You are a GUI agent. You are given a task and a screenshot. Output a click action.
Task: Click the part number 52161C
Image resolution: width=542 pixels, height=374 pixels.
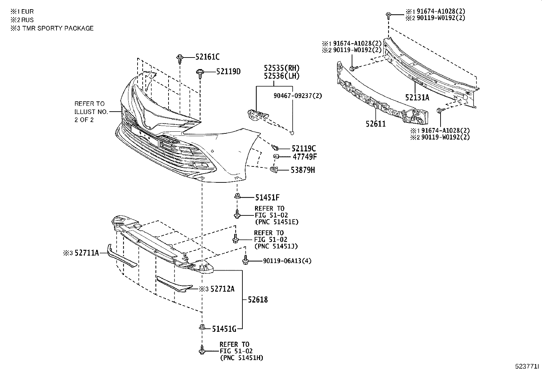coord(207,57)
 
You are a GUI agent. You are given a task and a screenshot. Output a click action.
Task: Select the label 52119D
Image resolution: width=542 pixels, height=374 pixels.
coord(228,71)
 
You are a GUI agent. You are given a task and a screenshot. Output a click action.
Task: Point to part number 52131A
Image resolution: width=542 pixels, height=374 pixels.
coord(417,98)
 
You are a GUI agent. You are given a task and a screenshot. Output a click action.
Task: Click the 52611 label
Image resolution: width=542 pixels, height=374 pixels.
coord(376,124)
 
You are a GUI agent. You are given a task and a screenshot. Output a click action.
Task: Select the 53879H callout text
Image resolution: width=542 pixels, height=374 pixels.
coord(302,170)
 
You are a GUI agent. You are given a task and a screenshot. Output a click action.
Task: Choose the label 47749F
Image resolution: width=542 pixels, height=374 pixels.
coord(305,157)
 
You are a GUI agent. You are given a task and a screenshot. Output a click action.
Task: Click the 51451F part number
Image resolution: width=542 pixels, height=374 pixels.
coord(267,197)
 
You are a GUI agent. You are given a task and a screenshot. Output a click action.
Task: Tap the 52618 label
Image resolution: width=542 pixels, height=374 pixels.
coord(257,300)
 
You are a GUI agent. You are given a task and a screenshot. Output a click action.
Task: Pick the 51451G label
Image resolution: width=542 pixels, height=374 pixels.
coord(224,329)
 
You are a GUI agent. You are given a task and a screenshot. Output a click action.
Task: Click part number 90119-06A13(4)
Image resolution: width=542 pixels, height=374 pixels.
coord(287,261)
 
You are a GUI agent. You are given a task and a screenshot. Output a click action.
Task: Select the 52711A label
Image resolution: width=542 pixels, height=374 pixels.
coord(86,253)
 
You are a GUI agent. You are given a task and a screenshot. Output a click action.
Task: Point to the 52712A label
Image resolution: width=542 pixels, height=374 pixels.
coord(222,289)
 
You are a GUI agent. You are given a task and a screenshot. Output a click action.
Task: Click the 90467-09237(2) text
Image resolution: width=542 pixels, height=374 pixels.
coord(298,96)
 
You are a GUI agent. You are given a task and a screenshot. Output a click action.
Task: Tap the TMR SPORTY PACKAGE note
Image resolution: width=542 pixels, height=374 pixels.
coord(58,28)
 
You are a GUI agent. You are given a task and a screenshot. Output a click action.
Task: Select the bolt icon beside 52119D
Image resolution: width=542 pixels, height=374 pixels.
coord(199,73)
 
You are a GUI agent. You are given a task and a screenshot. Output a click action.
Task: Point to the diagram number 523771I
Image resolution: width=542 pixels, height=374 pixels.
coord(526,366)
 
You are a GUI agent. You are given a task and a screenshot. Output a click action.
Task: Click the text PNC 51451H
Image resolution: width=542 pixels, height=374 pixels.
coord(241,358)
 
